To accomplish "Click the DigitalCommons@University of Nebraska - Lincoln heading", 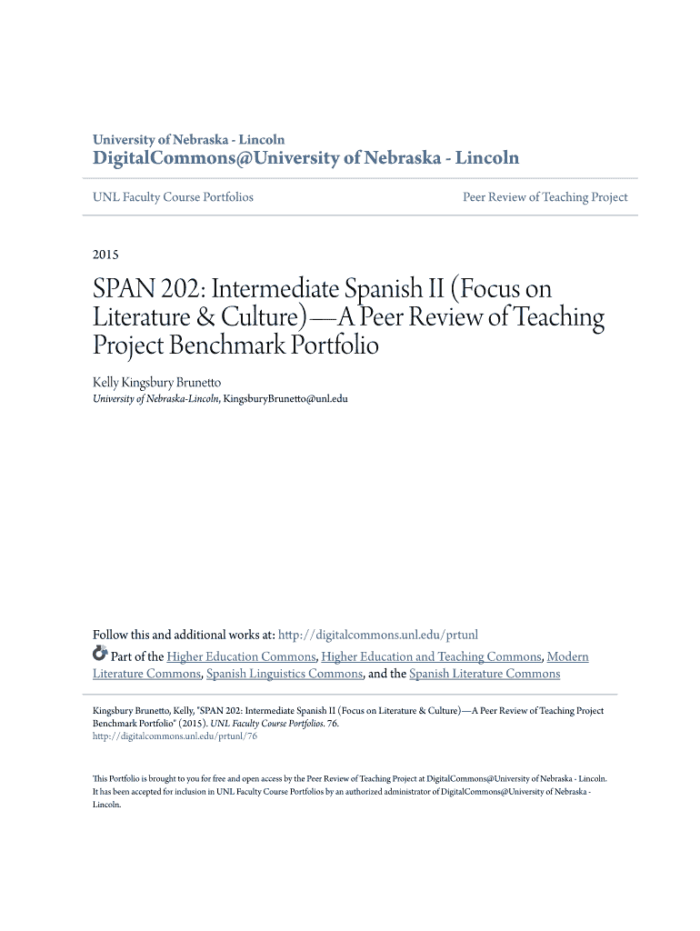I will [306, 158].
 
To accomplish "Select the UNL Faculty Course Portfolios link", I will [173, 197].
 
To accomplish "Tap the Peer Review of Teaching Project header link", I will [545, 197].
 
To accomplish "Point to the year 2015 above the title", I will [105, 255].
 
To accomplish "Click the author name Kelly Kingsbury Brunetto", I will [156, 383].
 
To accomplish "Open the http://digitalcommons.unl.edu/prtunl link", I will [377, 635].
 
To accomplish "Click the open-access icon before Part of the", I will [100, 655].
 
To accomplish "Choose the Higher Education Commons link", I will [241, 656].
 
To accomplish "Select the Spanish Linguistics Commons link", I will [285, 674].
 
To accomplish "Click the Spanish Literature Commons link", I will [485, 674].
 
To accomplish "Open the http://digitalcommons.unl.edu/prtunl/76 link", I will [175, 737].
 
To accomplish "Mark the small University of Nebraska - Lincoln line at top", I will [188, 139].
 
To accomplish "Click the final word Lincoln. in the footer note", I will [107, 805].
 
